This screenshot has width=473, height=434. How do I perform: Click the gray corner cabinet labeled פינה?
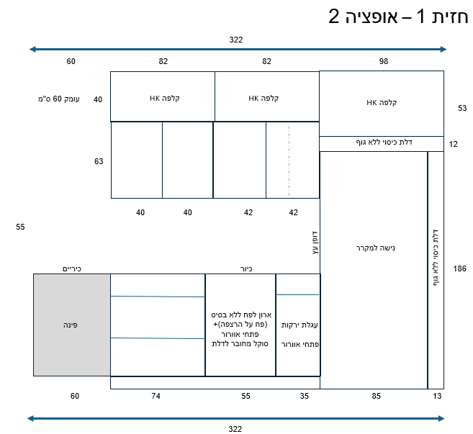[72, 325]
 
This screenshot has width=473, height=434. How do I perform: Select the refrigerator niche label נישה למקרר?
[375, 248]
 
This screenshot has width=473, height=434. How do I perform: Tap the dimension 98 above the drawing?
[384, 61]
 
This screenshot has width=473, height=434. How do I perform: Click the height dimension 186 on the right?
[459, 268]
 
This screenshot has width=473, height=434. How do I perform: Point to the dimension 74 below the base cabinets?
[156, 396]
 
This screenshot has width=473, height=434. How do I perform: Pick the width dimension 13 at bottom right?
[437, 396]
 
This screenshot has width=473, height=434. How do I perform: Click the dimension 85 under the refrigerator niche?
[376, 396]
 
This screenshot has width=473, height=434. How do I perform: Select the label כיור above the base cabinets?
[246, 268]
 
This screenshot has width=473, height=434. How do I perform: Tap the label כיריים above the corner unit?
[72, 268]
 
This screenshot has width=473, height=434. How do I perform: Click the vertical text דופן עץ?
[315, 243]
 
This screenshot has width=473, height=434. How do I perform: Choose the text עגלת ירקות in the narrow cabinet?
[299, 325]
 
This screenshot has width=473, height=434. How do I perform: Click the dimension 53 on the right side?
[462, 108]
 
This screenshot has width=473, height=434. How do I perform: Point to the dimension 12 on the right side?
[453, 144]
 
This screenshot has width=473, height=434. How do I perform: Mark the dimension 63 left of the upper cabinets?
[99, 161]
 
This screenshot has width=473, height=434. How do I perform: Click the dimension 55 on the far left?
[20, 227]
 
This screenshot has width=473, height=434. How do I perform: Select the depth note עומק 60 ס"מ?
[59, 99]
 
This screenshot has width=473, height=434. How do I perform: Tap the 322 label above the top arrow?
[236, 40]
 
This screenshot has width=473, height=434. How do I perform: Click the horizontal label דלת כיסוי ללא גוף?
[384, 142]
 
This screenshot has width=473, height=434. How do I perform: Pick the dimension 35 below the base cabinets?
[304, 396]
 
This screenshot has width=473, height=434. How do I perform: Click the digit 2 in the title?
[333, 17]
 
